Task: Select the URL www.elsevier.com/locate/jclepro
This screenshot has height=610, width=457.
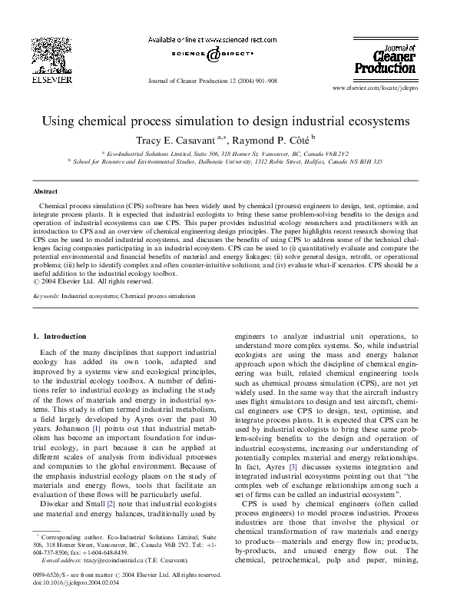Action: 382,89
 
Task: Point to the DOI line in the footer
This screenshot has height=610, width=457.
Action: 71,604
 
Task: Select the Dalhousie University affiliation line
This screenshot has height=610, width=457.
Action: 233,162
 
